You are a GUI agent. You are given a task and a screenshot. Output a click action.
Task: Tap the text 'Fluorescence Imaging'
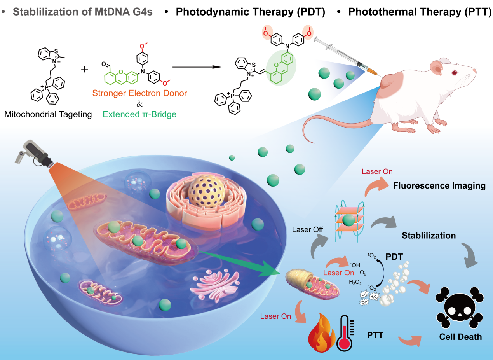coord(439,186)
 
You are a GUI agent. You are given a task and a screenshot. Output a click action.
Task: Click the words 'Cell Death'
coord(460,337)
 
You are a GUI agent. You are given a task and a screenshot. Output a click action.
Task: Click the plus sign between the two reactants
coord(85,70)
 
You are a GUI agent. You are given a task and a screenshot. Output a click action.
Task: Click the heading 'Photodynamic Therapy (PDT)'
coord(250,12)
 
